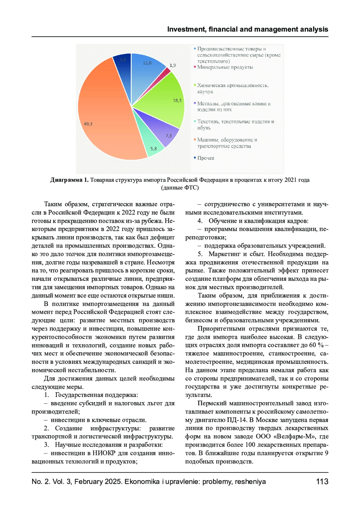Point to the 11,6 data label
click(147, 63)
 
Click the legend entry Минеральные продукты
click(225, 67)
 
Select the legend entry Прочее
click(206, 158)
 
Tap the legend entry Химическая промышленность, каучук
click(232, 88)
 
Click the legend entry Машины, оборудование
click(227, 143)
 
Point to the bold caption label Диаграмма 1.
click(69, 180)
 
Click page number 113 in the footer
click(322, 481)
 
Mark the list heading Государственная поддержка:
click(96, 395)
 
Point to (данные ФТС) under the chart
click(180, 188)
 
